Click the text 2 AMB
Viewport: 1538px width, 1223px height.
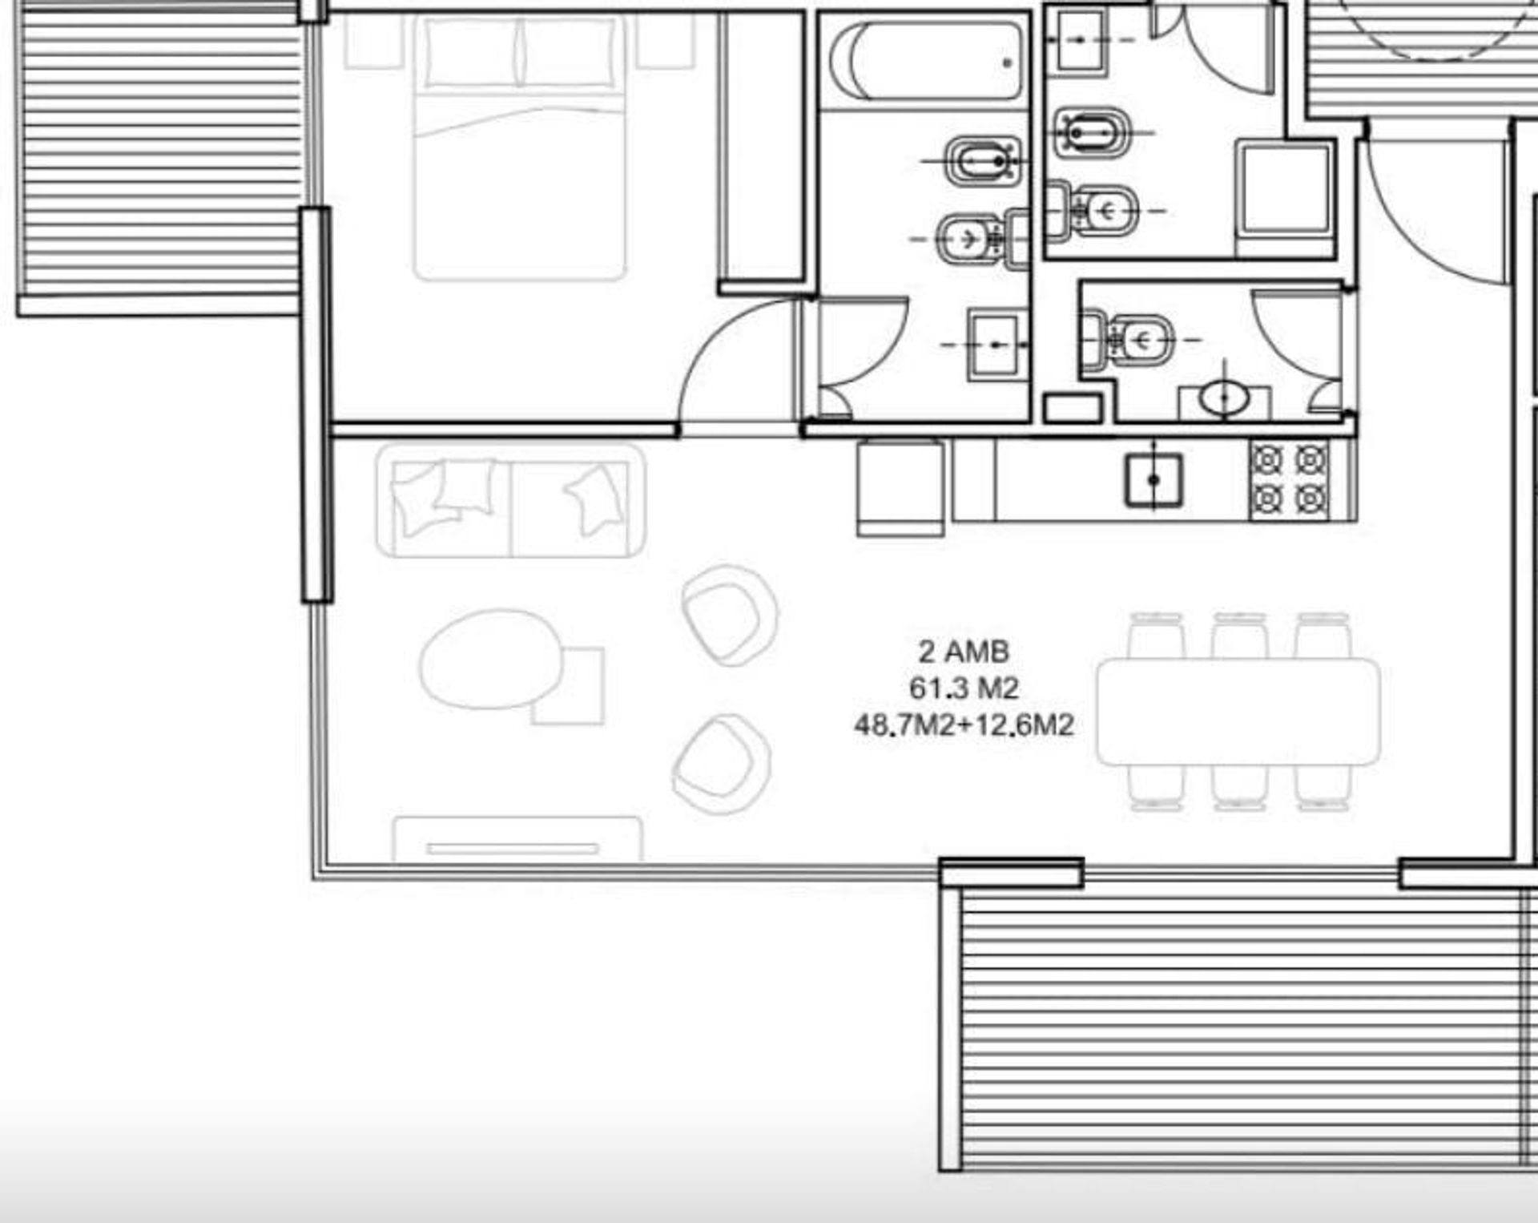pos(964,652)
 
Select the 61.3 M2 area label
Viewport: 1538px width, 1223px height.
pos(964,688)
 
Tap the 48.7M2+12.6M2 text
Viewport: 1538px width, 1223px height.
pos(964,725)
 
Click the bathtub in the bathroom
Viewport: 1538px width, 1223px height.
pos(927,61)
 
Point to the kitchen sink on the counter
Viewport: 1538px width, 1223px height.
pos(1153,480)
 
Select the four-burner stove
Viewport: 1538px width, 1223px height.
pos(1289,480)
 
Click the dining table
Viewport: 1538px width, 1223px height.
pos(1238,712)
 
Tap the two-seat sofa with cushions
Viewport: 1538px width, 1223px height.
pos(511,501)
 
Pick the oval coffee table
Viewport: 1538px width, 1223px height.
pos(491,660)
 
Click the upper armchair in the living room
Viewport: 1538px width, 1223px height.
pos(729,616)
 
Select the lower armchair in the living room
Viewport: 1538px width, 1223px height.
pos(721,764)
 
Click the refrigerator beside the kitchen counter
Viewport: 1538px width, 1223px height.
pos(900,487)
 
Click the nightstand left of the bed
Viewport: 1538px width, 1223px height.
pos(374,41)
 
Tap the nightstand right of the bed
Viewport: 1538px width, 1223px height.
pos(666,41)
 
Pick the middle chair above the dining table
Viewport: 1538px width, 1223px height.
pos(1239,636)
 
